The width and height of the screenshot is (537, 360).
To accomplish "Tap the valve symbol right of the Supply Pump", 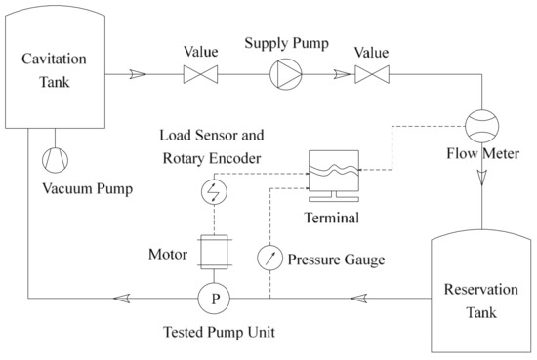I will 373,72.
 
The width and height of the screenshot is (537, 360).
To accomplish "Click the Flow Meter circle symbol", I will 481,126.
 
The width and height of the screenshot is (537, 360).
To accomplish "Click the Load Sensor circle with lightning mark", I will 214,192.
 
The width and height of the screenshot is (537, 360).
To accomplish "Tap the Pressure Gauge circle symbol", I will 269,259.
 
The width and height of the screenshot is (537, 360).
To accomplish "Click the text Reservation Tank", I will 471,301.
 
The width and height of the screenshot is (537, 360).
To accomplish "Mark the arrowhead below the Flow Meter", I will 481,177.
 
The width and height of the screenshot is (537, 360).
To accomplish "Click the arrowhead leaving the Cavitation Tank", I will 137,72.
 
